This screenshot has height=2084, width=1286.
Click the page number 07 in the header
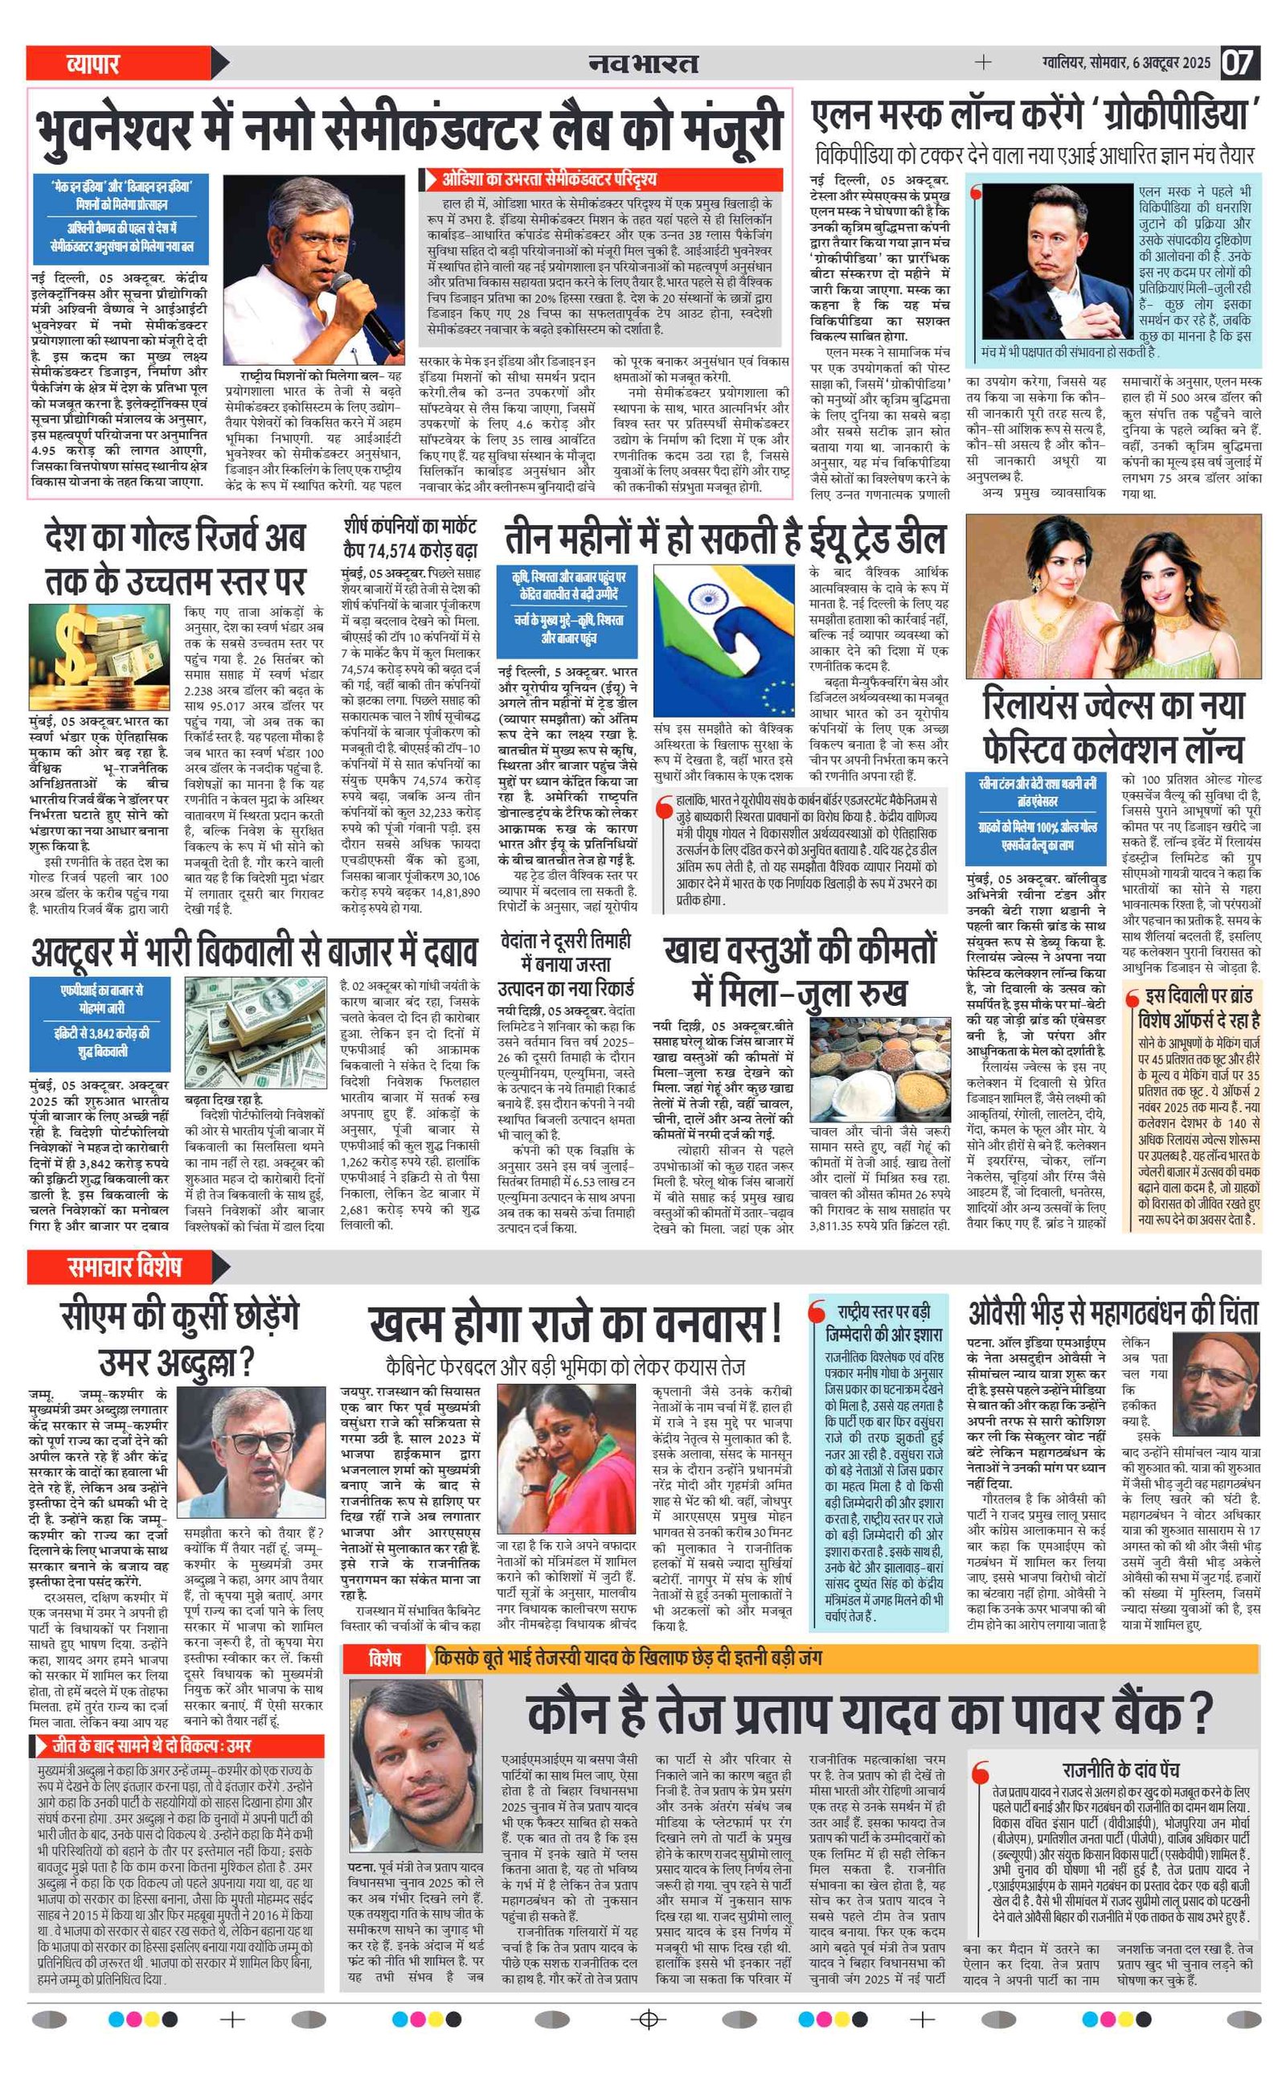(x=1239, y=62)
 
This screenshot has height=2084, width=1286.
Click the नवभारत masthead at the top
(x=643, y=63)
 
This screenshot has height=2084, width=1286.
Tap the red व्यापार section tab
(x=93, y=63)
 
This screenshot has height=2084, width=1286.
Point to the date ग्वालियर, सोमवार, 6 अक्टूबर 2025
(x=1125, y=62)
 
